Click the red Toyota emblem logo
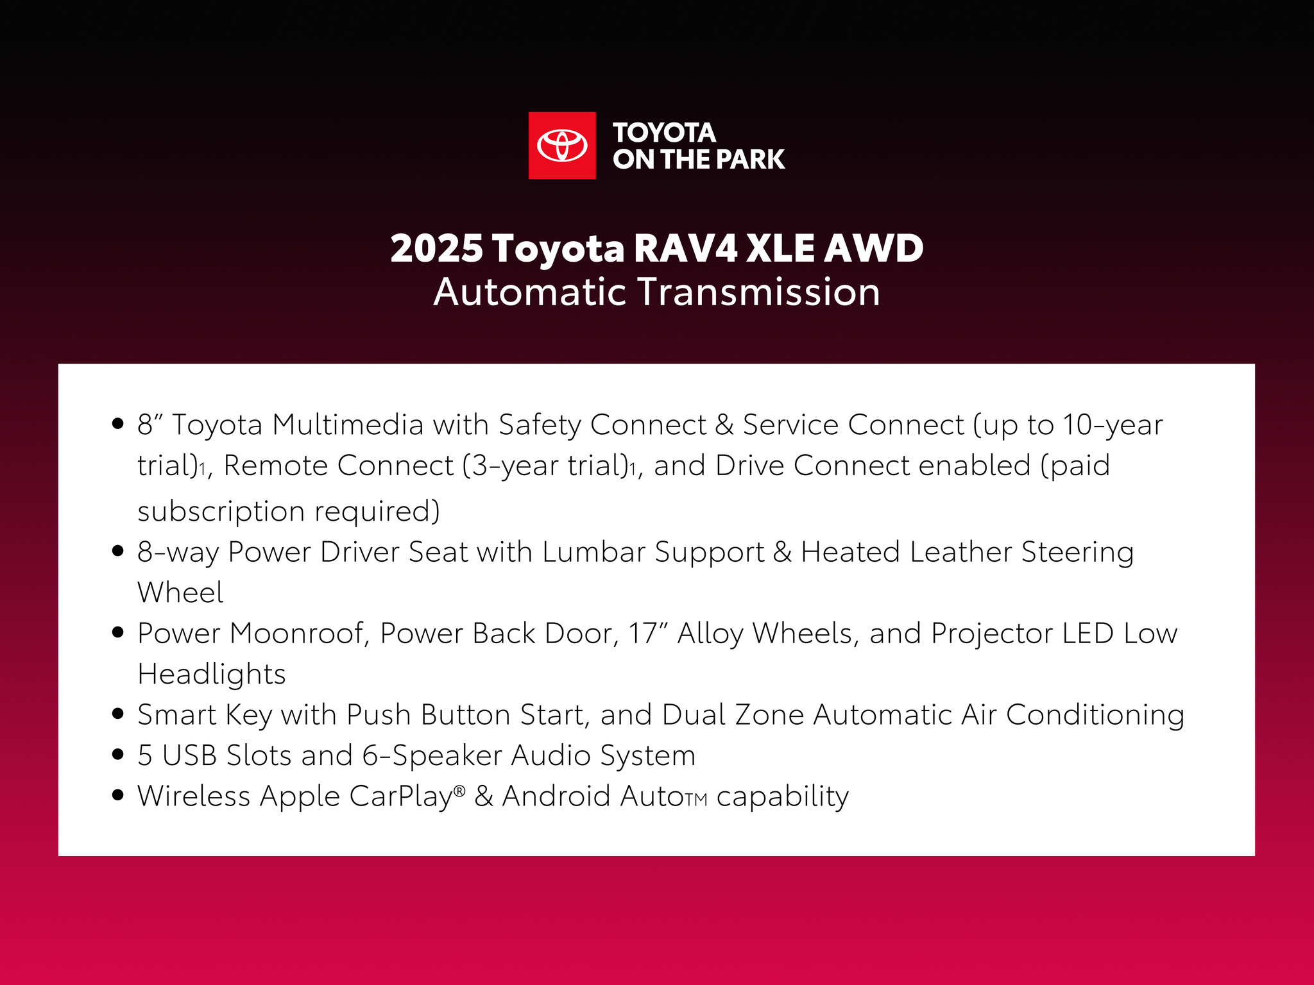562,146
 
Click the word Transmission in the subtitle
759,292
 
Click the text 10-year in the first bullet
1113,425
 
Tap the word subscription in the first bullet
221,512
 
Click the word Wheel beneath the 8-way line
180,593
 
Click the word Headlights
212,675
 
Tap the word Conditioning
1095,715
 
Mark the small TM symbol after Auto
695,800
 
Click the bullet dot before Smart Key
117,714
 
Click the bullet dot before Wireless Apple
117,795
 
